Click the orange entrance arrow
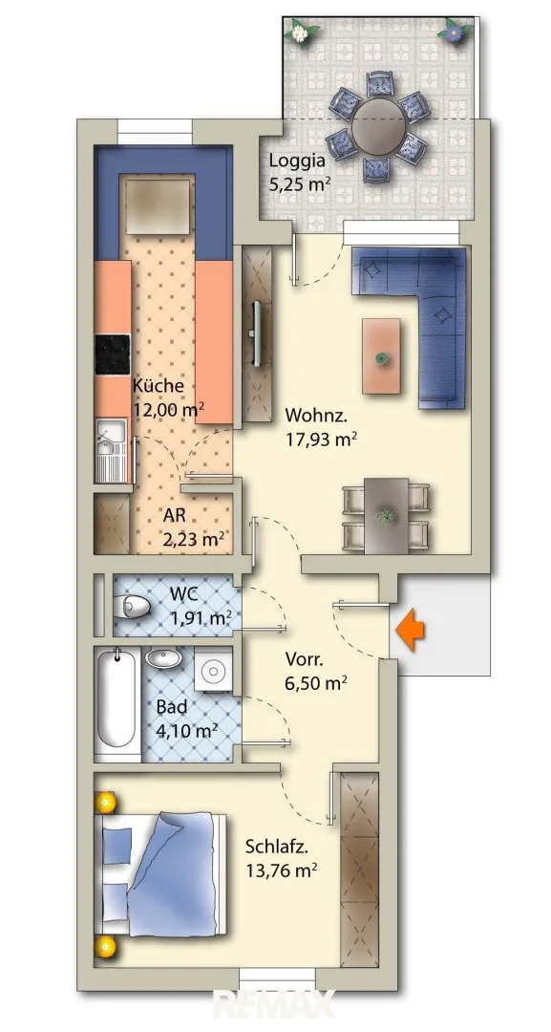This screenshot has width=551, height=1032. [410, 630]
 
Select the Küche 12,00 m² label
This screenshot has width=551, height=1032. [167, 398]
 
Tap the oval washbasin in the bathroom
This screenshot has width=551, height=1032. [163, 657]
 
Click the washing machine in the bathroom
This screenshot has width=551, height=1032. [213, 670]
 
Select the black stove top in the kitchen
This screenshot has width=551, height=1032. [113, 355]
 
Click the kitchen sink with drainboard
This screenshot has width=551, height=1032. [112, 451]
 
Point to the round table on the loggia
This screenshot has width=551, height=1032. [378, 128]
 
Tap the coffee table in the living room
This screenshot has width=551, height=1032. [381, 356]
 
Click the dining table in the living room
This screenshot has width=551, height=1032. [386, 516]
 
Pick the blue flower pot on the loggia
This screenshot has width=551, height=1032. [453, 30]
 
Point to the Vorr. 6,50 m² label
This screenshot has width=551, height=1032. [316, 670]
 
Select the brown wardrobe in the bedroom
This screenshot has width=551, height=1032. [359, 869]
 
